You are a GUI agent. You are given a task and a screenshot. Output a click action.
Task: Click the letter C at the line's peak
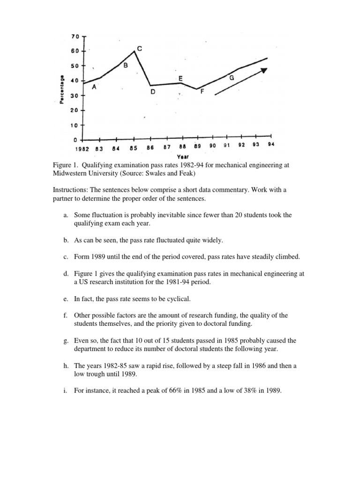point(139,48)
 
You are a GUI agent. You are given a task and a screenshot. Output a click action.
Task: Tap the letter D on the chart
point(152,93)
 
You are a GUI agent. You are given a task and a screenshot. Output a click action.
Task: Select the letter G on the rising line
point(231,78)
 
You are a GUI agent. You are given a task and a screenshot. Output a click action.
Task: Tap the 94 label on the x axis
point(271,145)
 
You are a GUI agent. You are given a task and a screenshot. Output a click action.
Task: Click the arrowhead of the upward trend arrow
point(264,70)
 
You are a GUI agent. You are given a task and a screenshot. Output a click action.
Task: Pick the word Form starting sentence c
point(82,257)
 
